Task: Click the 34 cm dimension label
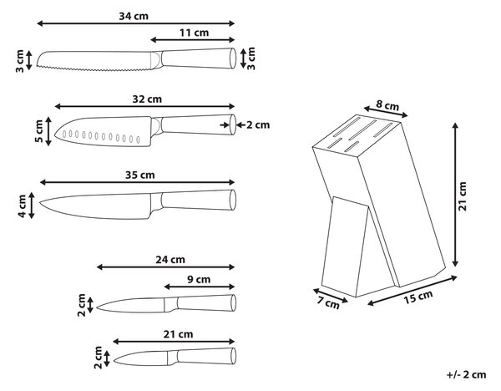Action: coord(134,16)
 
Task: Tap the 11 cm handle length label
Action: coord(194,33)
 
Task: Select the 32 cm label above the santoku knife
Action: coord(147,99)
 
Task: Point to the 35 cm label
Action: coord(140,175)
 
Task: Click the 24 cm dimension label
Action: coord(170,260)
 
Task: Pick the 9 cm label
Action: coord(199,279)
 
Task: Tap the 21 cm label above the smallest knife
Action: coord(179,334)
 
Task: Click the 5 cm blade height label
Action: coord(38,131)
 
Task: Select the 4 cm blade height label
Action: coord(22,206)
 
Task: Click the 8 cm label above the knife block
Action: coord(387,105)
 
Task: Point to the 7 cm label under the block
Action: coord(329,302)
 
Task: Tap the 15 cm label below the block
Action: coord(418,297)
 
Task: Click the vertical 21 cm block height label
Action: coord(463,196)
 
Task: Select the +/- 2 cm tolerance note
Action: coord(466,374)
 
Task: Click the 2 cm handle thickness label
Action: coord(258,124)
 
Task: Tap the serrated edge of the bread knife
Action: coord(94,69)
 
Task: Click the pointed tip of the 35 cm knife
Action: coord(40,202)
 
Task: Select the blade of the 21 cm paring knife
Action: coord(140,358)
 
